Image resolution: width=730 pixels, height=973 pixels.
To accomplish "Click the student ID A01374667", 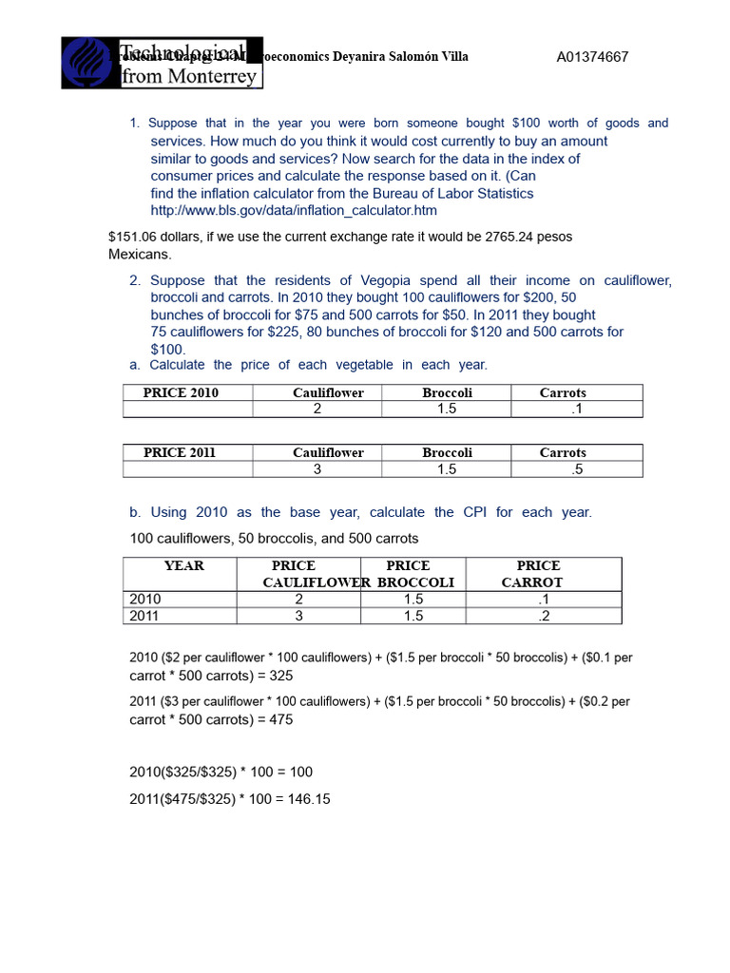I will pos(592,57).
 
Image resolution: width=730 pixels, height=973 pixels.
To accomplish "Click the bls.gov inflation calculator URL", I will pos(294,210).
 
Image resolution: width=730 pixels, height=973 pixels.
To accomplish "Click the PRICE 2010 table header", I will pos(181,392).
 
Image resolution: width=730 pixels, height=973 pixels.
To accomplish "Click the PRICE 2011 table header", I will pos(180,452).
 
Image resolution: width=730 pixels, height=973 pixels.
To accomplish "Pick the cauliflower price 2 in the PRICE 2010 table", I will pos(317,409).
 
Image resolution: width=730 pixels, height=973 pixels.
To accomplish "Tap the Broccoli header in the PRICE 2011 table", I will pos(447,452).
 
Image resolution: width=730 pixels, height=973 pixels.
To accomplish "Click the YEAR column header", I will pos(183,565).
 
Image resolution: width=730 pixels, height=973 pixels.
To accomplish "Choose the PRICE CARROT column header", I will pos(538,574).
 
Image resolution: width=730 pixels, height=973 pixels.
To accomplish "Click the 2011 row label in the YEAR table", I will pos(145,616).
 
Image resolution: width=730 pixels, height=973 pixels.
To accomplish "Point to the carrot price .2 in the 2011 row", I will pos(544,616).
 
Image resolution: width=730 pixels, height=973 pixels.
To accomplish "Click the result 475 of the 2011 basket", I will pos(280,719).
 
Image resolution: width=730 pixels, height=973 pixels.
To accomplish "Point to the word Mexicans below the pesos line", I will pos(140,255).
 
